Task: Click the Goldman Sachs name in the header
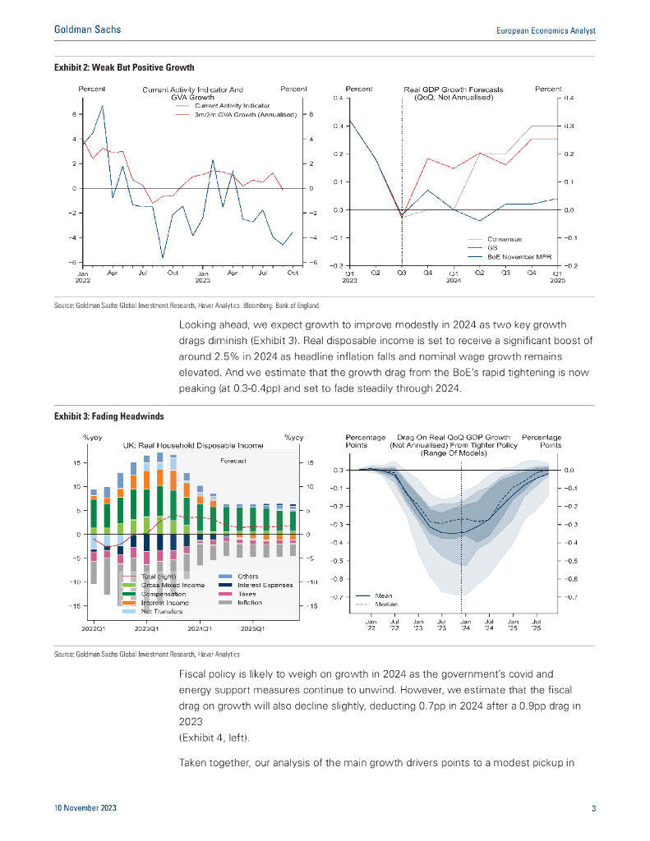87,30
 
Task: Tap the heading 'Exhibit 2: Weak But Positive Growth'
124,67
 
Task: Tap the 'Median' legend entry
386,604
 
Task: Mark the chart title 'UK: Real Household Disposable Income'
193,445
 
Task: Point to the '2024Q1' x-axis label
200,628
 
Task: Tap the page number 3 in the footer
593,809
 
